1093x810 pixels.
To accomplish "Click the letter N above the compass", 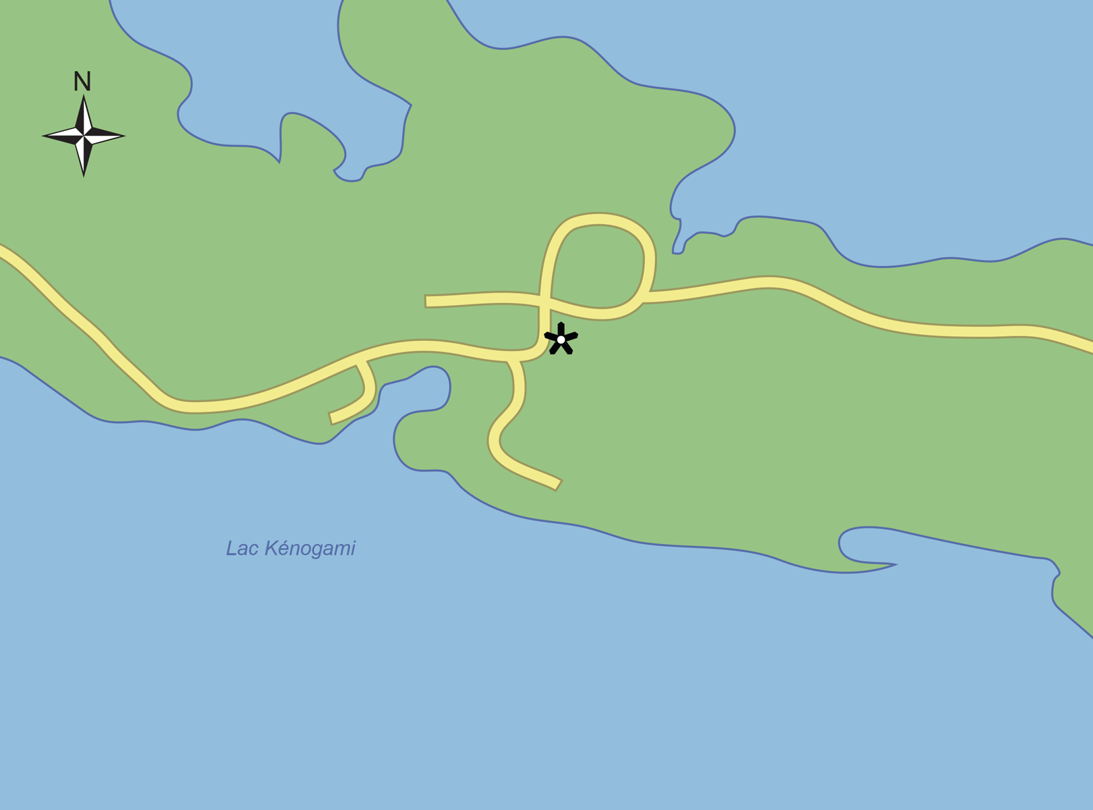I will tap(82, 82).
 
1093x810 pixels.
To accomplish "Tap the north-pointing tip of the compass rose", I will tap(84, 97).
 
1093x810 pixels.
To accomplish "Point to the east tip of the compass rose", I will tap(123, 136).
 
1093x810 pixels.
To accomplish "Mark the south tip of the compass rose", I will tap(84, 175).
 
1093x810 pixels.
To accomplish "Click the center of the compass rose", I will tap(84, 136).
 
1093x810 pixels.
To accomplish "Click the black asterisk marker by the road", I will tap(561, 339).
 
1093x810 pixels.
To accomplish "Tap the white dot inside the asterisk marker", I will tap(561, 340).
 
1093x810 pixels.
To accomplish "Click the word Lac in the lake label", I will tap(240, 548).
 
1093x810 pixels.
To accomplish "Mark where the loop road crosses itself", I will tap(545, 299).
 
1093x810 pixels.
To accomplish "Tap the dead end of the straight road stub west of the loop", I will tap(426, 302).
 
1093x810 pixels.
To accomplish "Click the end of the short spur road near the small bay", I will tap(331, 418).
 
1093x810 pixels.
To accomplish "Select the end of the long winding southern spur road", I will tap(558, 484).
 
